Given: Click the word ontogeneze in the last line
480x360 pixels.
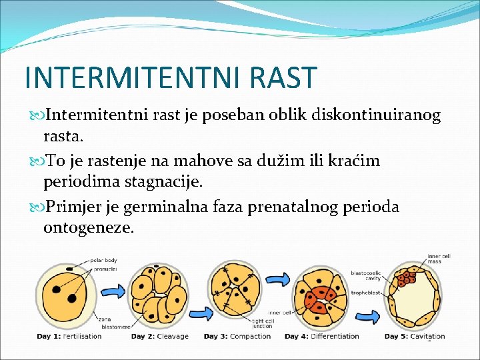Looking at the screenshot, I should click(x=89, y=228).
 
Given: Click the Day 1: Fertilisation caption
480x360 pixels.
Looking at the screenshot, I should click(x=69, y=336).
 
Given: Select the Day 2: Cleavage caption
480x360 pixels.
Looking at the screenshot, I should click(x=159, y=336).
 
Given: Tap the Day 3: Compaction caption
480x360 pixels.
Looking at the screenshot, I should click(x=237, y=336).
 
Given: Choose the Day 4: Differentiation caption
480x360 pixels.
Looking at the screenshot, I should click(x=321, y=336).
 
